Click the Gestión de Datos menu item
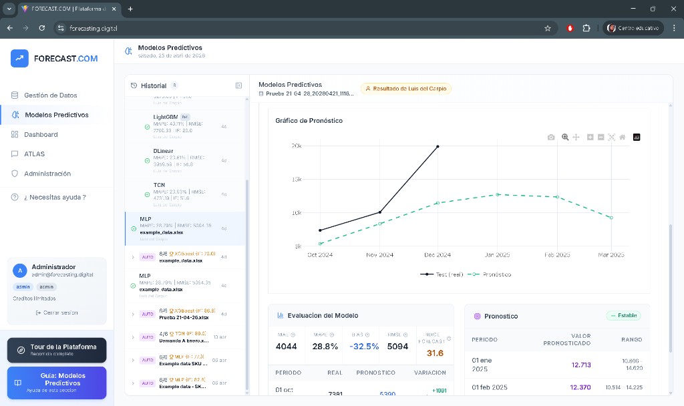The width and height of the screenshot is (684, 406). click(x=50, y=95)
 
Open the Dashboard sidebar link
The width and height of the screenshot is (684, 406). click(x=41, y=134)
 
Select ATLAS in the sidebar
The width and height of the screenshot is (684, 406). click(x=34, y=154)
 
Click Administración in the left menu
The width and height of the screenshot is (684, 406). click(x=47, y=174)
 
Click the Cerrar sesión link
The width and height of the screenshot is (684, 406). click(x=57, y=313)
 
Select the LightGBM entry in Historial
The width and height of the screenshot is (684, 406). click(x=165, y=117)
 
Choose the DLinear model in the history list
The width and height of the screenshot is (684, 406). click(x=163, y=151)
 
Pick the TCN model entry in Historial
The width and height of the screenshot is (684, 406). click(x=159, y=185)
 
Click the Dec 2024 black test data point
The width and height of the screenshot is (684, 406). click(x=438, y=146)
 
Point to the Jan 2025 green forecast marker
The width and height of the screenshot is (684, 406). click(x=498, y=194)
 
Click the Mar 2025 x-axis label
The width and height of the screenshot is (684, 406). click(x=611, y=255)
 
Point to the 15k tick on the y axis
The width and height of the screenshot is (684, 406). click(x=296, y=180)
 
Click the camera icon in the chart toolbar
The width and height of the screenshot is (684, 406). click(x=551, y=137)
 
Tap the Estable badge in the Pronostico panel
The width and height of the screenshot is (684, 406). click(x=623, y=315)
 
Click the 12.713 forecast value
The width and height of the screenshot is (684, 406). click(x=580, y=365)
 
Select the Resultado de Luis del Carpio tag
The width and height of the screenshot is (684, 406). click(x=406, y=88)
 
